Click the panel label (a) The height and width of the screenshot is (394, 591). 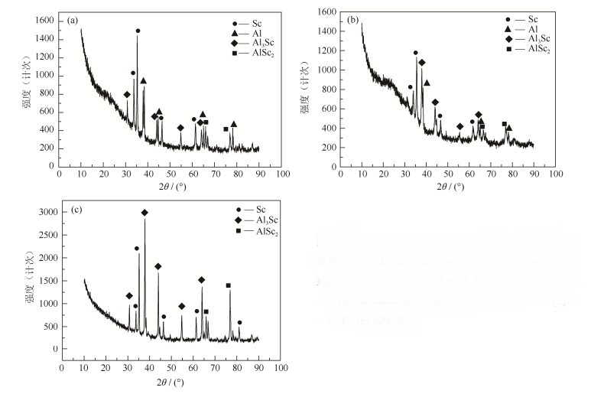[72, 18]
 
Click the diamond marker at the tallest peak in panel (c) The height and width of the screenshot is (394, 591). [145, 213]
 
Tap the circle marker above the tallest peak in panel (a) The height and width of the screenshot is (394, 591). [138, 31]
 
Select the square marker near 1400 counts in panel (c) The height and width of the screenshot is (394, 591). [228, 285]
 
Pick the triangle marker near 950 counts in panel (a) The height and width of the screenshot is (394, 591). [144, 80]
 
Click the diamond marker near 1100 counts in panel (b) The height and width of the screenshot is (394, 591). [421, 63]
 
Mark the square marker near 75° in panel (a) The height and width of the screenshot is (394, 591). [226, 129]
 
